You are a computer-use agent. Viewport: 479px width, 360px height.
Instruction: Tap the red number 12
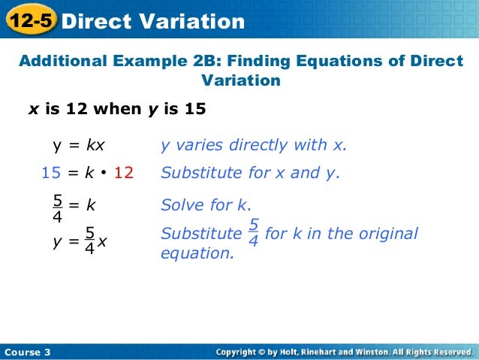123,174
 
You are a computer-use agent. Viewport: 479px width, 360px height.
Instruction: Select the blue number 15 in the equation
50,174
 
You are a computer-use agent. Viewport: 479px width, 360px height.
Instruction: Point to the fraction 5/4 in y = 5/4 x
89,241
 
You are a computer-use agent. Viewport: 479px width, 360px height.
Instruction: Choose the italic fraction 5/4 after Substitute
253,234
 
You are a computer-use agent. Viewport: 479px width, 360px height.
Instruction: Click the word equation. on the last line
197,253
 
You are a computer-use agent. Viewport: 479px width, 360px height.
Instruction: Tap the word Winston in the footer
370,352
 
